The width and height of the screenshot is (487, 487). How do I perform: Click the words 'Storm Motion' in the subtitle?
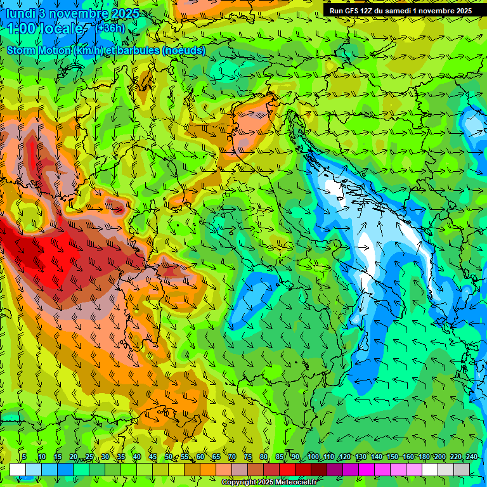pyautogui.click(x=39, y=50)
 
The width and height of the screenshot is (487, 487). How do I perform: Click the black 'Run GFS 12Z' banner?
pyautogui.click(x=400, y=11)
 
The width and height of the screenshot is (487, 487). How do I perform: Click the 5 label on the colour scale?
pyautogui.click(x=24, y=457)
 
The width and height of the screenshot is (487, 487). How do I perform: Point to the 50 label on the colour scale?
pyautogui.click(x=169, y=457)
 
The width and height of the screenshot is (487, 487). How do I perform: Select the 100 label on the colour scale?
pyautogui.click(x=313, y=457)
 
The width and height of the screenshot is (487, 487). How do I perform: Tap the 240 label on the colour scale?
pyautogui.click(x=472, y=457)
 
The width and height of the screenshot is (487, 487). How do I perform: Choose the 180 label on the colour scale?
pyautogui.click(x=424, y=457)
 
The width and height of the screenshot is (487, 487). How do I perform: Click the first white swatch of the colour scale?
pyautogui.click(x=18, y=469)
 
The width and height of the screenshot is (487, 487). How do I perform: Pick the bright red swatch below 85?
pyautogui.click(x=287, y=469)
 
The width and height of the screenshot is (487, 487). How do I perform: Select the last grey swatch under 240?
pyautogui.click(x=462, y=469)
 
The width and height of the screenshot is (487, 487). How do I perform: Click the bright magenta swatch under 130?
pyautogui.click(x=367, y=469)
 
